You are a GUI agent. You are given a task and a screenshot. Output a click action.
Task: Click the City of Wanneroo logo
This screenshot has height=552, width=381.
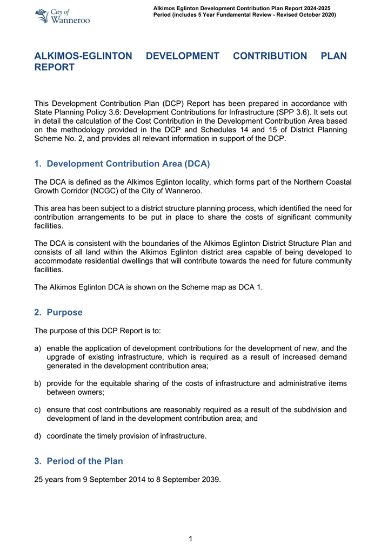(x=62, y=16)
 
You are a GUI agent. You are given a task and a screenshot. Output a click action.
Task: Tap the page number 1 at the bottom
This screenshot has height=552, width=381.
(x=191, y=538)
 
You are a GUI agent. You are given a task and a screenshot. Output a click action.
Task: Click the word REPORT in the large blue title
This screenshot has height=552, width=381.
(x=54, y=68)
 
